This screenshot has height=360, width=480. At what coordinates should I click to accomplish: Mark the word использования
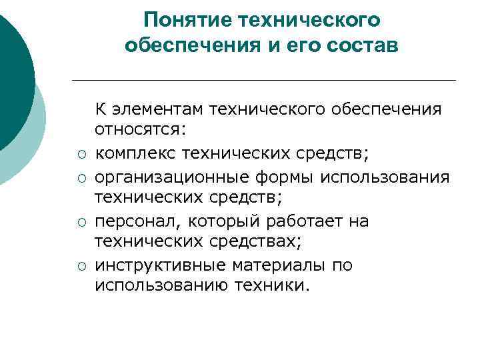pyautogui.click(x=385, y=177)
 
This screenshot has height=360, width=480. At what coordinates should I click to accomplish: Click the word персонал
pyautogui.click(x=131, y=221)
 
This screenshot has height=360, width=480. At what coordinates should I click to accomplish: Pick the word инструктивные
pyautogui.click(x=161, y=265)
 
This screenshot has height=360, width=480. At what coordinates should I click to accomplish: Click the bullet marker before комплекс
pyautogui.click(x=80, y=156)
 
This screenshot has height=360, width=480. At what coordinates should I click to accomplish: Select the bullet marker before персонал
pyautogui.click(x=80, y=223)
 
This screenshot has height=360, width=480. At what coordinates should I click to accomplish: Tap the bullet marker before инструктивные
pyautogui.click(x=80, y=267)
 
